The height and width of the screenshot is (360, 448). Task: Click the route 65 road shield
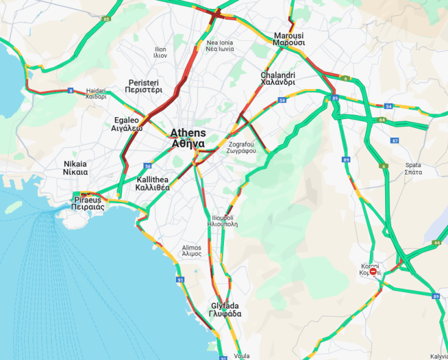[106, 20]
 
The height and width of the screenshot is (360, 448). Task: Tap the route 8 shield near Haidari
[71, 91]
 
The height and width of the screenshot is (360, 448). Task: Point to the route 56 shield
[148, 166]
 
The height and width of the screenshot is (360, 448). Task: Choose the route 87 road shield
[395, 140]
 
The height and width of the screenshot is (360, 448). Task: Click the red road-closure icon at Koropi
[373, 272]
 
